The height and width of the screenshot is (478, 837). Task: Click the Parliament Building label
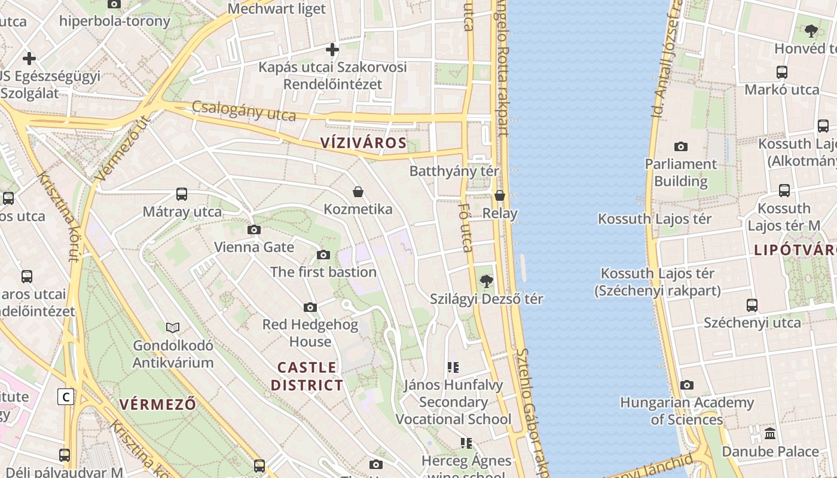coord(680,173)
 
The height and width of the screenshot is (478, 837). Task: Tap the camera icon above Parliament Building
coord(680,146)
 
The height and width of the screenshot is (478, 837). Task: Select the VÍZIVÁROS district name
coord(363,143)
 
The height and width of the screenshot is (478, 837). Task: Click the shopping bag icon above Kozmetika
coord(358,192)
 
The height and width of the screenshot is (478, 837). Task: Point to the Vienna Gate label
coord(254,247)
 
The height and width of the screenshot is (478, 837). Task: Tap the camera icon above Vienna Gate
coord(254,229)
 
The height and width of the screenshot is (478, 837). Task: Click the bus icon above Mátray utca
coord(182,194)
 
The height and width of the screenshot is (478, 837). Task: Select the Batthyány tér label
coord(454,171)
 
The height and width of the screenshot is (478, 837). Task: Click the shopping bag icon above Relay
coord(500,195)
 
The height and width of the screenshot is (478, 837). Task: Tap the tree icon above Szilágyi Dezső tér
coord(487,281)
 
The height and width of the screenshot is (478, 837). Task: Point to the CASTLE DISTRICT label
coord(307,376)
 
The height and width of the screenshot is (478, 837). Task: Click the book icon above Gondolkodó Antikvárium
coord(173,327)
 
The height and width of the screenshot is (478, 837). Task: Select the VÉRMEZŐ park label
coord(157,404)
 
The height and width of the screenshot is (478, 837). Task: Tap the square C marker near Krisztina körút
coord(66,397)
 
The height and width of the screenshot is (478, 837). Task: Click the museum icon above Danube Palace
coord(770,433)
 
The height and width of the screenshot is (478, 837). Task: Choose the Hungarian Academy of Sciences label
coord(686,411)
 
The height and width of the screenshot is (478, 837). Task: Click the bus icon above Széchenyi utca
coord(752,305)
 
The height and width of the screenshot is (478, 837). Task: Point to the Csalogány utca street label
coord(244,111)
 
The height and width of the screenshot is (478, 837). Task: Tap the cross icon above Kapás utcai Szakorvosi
coord(332,49)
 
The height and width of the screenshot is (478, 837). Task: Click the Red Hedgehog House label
coord(310,333)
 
